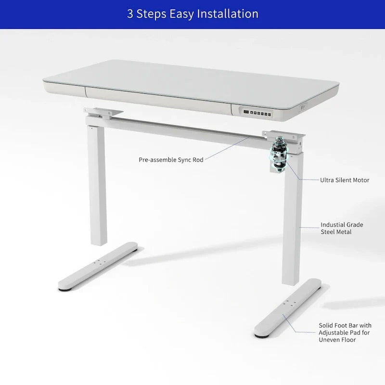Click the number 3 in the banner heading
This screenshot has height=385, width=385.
click(130, 14)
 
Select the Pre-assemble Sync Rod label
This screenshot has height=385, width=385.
click(171, 160)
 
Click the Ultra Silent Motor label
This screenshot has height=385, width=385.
click(345, 180)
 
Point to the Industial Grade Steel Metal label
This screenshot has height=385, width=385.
click(342, 228)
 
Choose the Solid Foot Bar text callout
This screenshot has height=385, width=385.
click(345, 333)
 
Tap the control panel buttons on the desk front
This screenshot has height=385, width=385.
click(257, 113)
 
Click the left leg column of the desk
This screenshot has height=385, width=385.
click(98, 185)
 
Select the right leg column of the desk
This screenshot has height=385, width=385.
click(292, 218)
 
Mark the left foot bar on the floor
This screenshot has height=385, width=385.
click(98, 267)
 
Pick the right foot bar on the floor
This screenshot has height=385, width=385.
click(288, 308)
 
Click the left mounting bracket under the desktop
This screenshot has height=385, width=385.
click(103, 113)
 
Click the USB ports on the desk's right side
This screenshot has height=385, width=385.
click(303, 107)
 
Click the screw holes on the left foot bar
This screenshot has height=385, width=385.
click(100, 262)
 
